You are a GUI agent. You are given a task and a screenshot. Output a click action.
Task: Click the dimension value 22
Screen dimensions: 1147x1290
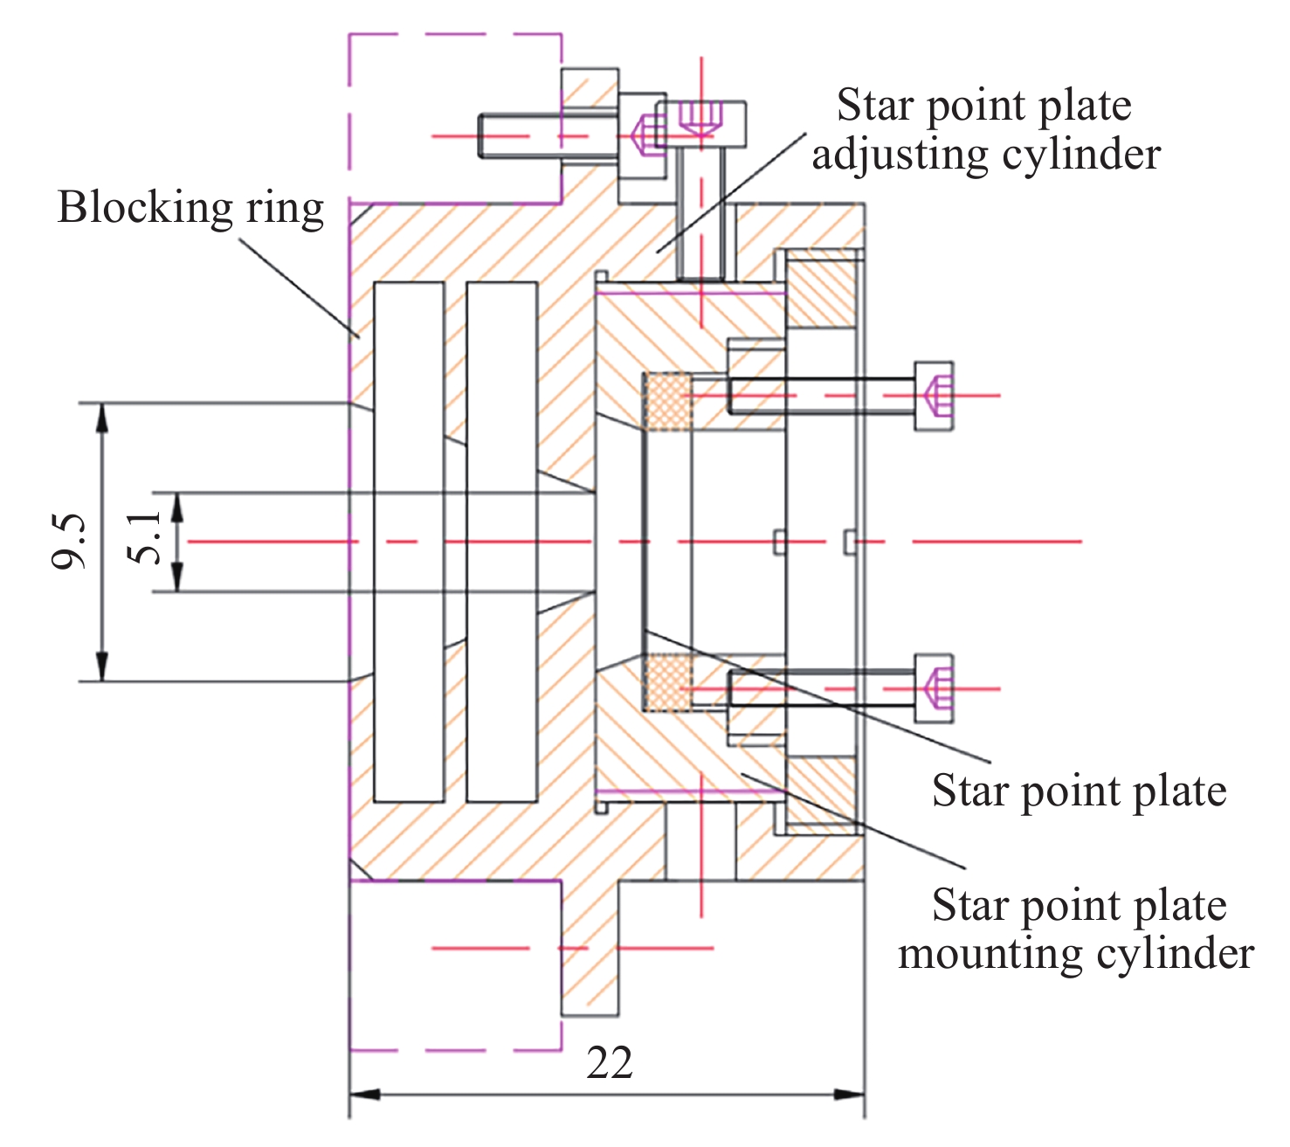[610, 1063]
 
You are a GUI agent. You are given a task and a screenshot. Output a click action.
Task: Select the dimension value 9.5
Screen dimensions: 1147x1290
[70, 542]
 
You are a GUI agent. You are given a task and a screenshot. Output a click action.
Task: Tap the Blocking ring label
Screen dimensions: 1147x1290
[190, 208]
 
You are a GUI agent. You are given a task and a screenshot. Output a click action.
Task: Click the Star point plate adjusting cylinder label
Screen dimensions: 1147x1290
[985, 129]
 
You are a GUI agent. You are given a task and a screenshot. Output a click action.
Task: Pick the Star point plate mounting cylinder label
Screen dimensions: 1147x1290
[1077, 929]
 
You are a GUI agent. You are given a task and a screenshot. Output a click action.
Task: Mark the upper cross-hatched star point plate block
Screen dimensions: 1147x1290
[667, 402]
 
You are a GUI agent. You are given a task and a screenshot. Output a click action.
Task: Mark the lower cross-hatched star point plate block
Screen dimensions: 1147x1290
[667, 682]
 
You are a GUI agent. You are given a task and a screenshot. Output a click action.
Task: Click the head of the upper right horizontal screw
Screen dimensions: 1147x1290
[934, 396]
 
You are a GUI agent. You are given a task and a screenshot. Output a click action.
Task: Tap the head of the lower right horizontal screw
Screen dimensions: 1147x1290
[934, 688]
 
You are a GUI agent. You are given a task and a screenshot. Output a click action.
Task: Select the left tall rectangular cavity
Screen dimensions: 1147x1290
[408, 542]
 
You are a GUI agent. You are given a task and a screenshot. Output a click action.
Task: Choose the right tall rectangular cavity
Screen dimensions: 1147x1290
[501, 542]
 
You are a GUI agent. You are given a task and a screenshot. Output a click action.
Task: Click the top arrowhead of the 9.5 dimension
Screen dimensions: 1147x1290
[102, 416]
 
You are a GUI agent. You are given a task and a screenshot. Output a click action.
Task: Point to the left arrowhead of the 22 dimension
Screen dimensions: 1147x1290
[363, 1094]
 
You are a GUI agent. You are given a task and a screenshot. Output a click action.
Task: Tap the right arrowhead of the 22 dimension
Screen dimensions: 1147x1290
[851, 1094]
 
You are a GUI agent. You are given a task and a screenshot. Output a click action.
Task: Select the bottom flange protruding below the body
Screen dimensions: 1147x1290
[590, 948]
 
